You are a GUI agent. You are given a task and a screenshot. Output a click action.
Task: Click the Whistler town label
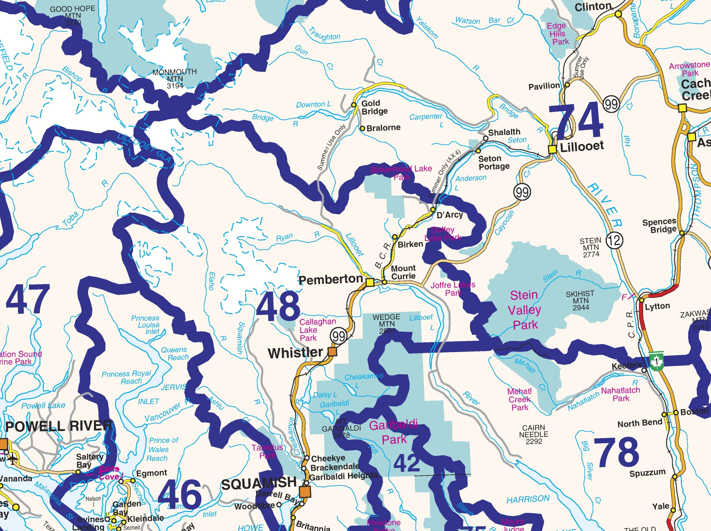(295, 353)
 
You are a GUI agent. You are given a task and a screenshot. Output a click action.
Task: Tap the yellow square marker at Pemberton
(370, 282)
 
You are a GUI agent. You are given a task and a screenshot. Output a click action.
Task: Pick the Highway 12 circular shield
(615, 240)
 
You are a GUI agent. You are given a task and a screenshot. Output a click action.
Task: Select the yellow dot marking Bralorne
(362, 129)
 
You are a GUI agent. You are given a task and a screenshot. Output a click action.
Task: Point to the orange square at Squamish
(305, 492)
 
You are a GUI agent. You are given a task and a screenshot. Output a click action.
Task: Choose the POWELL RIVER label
(59, 426)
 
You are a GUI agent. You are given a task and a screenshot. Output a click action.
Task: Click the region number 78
(616, 453)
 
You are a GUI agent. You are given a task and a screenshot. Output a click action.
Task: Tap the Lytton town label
(657, 306)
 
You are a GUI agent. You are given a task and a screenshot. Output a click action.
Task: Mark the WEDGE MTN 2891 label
(386, 323)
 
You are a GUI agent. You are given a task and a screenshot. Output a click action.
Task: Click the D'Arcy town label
(449, 215)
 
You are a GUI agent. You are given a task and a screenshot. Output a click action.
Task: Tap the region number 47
(28, 300)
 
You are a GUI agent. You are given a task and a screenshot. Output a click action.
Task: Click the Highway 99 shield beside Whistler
(339, 336)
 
